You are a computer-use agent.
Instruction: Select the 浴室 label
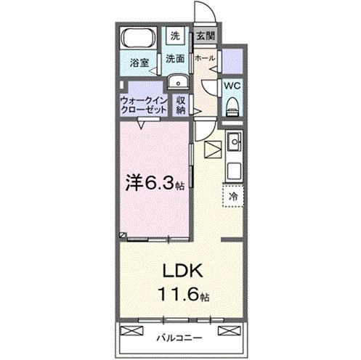tap(139, 64)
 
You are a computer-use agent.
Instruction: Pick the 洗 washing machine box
tap(174, 36)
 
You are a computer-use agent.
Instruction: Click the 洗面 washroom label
tap(174, 58)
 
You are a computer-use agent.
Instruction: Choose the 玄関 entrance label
tap(205, 36)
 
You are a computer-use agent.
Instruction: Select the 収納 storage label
tap(179, 105)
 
